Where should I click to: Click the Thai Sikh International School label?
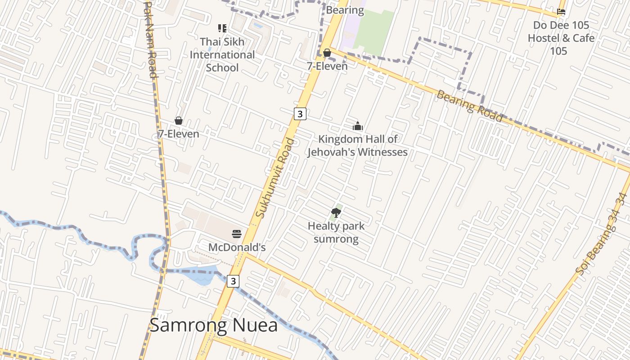[222, 54]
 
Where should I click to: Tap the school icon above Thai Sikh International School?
[222, 28]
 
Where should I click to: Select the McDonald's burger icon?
[237, 234]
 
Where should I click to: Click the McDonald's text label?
[237, 247]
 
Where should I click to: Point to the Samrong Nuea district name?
[213, 325]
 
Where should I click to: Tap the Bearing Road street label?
[469, 106]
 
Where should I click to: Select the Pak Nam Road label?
[150, 40]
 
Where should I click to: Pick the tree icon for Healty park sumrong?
[336, 212]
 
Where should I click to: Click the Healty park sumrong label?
[336, 232]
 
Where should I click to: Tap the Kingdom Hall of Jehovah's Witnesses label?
[357, 146]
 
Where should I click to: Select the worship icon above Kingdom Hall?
[358, 126]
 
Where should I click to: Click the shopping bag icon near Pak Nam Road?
[179, 121]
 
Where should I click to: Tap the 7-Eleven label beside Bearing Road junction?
[327, 66]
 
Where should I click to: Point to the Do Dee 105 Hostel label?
[561, 38]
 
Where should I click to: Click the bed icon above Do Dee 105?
[561, 12]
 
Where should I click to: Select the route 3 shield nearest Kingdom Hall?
[300, 114]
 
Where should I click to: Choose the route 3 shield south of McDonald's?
[233, 281]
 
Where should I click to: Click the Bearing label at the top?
[345, 10]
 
